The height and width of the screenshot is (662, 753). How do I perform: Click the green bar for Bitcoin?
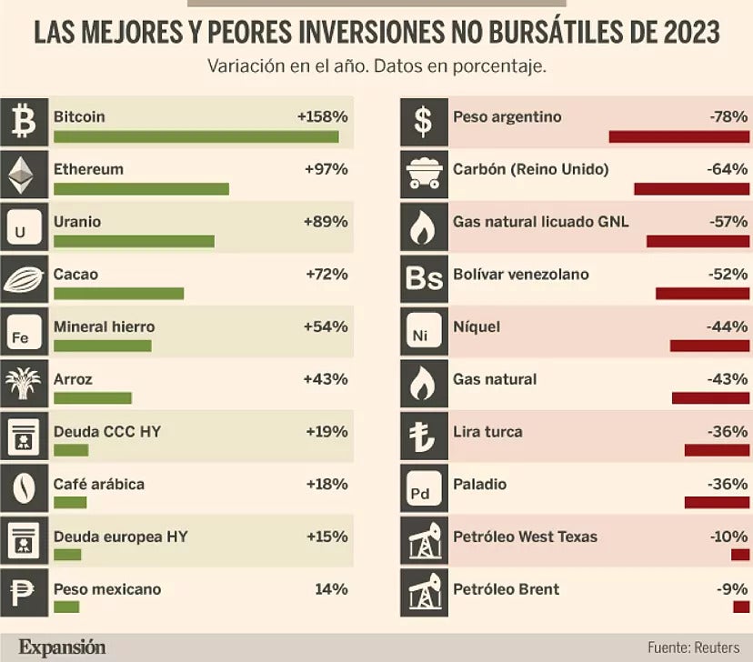coord(196,137)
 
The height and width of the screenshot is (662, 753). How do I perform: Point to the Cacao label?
coord(75,275)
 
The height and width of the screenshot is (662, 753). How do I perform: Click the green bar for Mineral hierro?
coord(103,346)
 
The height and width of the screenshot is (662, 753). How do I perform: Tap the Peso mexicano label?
coord(107,589)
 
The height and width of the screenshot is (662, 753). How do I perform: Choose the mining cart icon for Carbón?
coord(423,175)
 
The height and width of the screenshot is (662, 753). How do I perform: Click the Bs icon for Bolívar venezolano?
coord(423,279)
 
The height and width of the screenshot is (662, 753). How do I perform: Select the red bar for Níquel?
coord(709,346)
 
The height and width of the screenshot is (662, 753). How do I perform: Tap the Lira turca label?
coord(487,432)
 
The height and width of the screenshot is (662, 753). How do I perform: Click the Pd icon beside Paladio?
coord(423,489)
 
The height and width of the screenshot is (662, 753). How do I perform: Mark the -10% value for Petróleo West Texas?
coord(728,537)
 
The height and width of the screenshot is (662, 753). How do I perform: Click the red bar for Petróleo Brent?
coord(740,607)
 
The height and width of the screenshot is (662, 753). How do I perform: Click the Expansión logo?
coord(62,647)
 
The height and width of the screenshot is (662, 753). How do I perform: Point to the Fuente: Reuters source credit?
coord(692,647)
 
